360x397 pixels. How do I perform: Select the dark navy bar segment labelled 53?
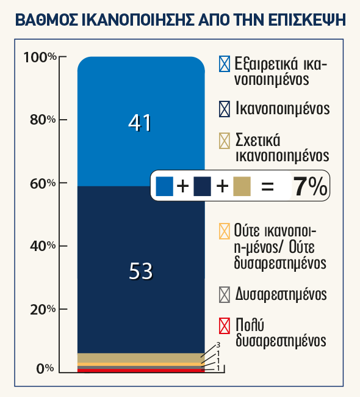[x=141, y=269]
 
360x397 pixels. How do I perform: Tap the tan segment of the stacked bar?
[x=141, y=358]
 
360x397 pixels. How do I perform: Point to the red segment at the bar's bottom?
[x=141, y=371]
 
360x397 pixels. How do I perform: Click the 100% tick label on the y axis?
[x=40, y=57]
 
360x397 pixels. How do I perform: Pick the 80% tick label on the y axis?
[x=43, y=120]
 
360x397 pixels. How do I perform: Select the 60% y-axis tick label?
[x=43, y=183]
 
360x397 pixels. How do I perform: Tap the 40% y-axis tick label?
[x=43, y=246]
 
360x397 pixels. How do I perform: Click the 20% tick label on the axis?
[x=43, y=310]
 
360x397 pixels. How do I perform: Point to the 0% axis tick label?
[x=45, y=369]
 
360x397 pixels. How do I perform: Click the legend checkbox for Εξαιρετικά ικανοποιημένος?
[x=225, y=64]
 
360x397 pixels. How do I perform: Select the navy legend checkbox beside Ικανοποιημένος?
[x=225, y=109]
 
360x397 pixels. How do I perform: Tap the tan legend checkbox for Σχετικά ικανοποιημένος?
[x=225, y=140]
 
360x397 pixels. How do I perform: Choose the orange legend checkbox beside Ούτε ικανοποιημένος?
[x=225, y=231]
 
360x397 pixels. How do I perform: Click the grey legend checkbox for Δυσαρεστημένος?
[x=225, y=295]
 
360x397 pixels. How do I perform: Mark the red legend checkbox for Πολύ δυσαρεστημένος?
[x=225, y=326]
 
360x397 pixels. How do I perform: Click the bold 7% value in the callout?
[x=310, y=187]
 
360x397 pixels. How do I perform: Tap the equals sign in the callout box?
[x=267, y=187]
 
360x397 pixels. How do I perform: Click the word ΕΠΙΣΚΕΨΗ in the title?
[x=307, y=20]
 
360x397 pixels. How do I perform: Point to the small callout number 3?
[x=218, y=345]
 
